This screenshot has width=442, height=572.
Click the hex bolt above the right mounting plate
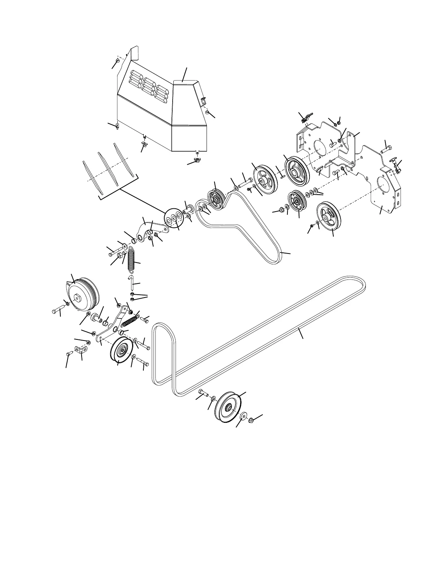click(386, 148)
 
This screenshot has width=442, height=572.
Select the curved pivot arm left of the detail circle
click(148, 231)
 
